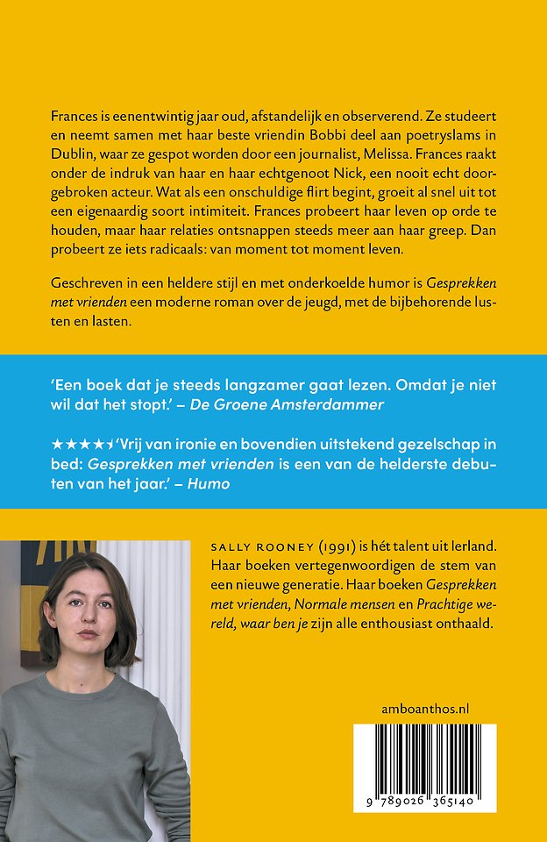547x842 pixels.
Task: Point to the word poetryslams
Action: (x=402, y=136)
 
